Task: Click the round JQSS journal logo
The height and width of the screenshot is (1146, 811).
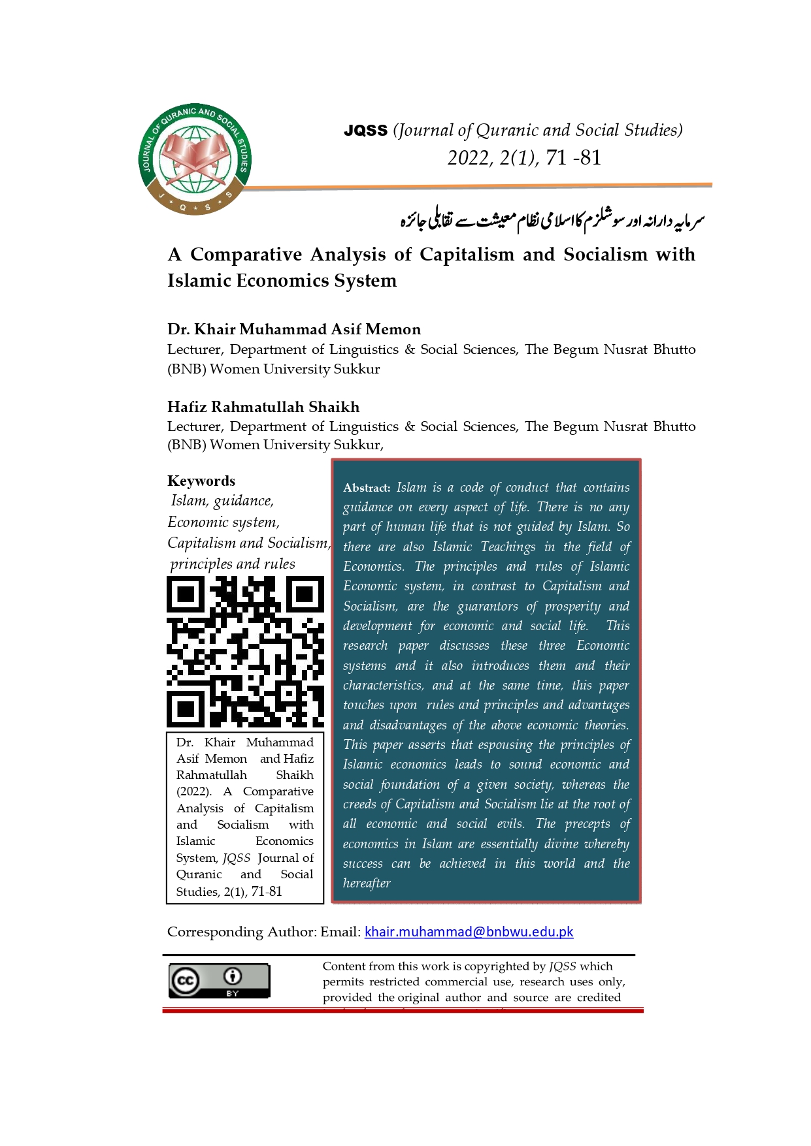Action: point(195,160)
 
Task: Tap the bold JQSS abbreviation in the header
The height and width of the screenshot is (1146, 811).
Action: point(365,131)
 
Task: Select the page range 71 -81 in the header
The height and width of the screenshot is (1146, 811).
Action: point(573,157)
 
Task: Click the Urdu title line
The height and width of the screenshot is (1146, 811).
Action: point(552,221)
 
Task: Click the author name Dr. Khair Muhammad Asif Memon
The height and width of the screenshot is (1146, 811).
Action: point(294,329)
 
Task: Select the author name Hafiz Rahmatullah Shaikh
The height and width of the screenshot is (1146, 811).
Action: point(263,407)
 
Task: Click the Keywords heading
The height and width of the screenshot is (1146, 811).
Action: point(201,481)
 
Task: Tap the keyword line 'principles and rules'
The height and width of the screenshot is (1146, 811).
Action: point(232,564)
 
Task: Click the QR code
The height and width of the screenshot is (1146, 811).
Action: point(245,652)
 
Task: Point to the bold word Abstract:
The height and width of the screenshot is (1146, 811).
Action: point(367,488)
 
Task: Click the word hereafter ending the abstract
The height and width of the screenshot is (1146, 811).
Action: point(367,883)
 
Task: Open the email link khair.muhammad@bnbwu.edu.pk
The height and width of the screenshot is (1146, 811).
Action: point(469,932)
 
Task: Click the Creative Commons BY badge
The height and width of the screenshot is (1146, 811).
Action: point(219,981)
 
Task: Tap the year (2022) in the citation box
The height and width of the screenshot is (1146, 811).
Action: point(193,791)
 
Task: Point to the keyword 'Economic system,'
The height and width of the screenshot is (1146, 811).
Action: point(223,522)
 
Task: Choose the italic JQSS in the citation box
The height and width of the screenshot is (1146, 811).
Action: point(236,858)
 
